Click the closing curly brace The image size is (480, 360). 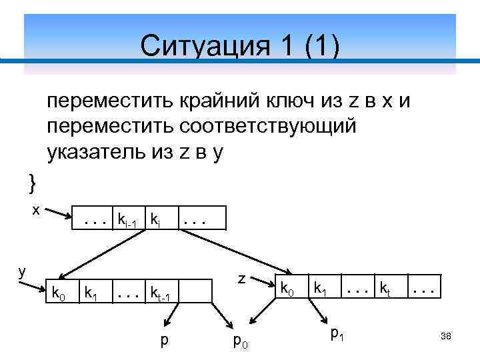point(31,181)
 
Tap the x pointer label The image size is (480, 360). point(37,210)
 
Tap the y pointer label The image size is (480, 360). point(22,272)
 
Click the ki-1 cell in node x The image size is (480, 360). point(127,219)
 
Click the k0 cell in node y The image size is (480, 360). point(59,291)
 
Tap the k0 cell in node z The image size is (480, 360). point(287,289)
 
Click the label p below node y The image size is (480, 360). point(164,341)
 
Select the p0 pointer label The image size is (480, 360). point(239,341)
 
